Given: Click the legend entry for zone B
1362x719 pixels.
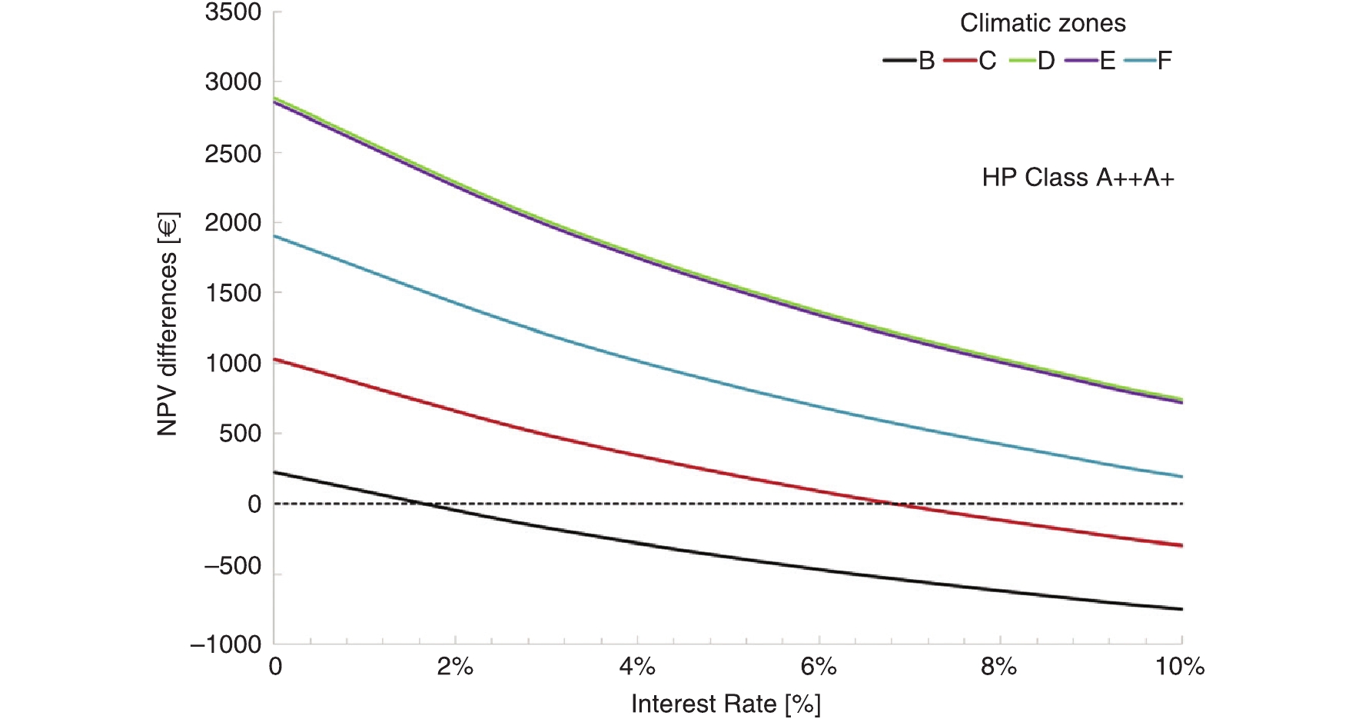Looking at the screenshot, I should click(x=909, y=61).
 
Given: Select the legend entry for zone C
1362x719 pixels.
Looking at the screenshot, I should click(x=970, y=61).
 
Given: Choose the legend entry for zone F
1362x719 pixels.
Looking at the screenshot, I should click(x=1148, y=61).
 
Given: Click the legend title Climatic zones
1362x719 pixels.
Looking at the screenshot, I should click(x=1042, y=23).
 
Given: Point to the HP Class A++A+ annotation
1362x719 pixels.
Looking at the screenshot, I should click(x=1078, y=178).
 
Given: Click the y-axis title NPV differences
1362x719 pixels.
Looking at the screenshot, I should click(x=168, y=325).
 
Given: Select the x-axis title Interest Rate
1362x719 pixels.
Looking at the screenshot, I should click(x=726, y=704).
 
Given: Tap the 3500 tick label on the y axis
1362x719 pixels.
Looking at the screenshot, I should click(x=233, y=12).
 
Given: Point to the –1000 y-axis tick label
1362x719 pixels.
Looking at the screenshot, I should click(x=227, y=644).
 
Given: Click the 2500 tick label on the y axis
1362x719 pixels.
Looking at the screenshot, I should click(x=233, y=153).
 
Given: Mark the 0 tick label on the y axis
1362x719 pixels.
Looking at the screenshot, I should click(x=254, y=504).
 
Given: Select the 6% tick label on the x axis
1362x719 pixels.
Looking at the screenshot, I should click(x=819, y=666).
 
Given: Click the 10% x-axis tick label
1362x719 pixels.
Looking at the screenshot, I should click(x=1180, y=666).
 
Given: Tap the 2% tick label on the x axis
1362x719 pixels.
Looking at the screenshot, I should click(x=455, y=666).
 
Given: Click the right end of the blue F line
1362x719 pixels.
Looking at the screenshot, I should click(x=1181, y=477).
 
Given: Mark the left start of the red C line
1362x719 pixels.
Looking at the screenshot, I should click(x=275, y=359).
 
